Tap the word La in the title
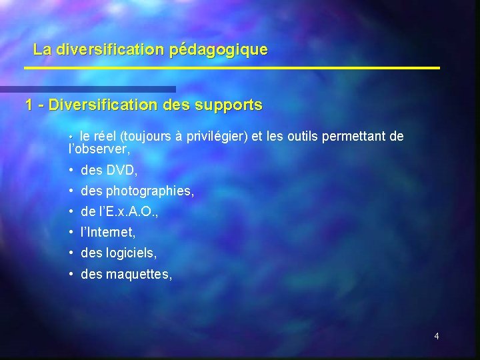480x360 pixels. tap(41, 49)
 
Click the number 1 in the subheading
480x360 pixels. tap(29, 105)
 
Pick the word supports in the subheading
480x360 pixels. tap(231, 106)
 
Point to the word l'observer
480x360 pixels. tap(99, 150)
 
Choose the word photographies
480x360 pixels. tap(150, 192)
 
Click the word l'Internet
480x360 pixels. tap(108, 233)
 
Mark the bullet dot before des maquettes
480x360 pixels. tap(71, 273)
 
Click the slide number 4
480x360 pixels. tap(437, 336)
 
